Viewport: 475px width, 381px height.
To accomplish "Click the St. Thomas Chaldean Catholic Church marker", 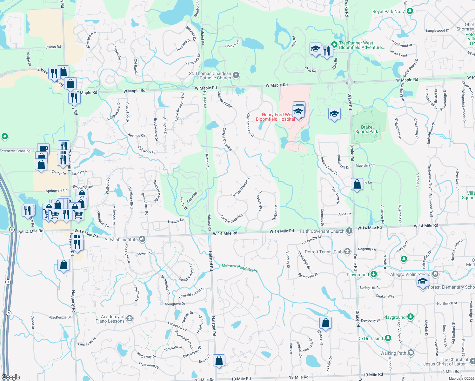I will tap(236, 75).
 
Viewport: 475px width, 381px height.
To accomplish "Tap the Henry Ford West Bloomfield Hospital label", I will tap(275, 117).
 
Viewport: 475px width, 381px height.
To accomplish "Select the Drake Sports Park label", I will tap(366, 129).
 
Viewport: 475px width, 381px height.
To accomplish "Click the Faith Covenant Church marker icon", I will tap(349, 231).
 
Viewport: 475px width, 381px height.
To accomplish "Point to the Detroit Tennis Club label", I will tap(324, 252).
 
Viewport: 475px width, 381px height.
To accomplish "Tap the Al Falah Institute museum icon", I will tap(142, 239).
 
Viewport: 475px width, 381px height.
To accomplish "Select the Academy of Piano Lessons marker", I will tap(130, 318).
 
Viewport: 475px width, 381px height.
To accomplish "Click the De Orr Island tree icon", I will tap(388, 338).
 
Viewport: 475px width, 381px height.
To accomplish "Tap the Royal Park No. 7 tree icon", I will tap(410, 11).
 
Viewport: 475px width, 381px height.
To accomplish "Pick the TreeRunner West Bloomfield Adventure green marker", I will tap(334, 45).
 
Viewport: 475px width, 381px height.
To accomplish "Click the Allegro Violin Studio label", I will tap(410, 274).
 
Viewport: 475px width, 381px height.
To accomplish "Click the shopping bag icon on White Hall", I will tap(325, 323).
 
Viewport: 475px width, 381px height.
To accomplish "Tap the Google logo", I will tap(11, 377).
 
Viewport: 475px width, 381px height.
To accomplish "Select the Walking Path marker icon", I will tap(411, 353).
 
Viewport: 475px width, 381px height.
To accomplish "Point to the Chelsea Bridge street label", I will tap(225, 99).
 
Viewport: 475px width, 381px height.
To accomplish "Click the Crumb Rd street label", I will tap(53, 47).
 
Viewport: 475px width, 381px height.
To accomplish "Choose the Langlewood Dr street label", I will tap(438, 30).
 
